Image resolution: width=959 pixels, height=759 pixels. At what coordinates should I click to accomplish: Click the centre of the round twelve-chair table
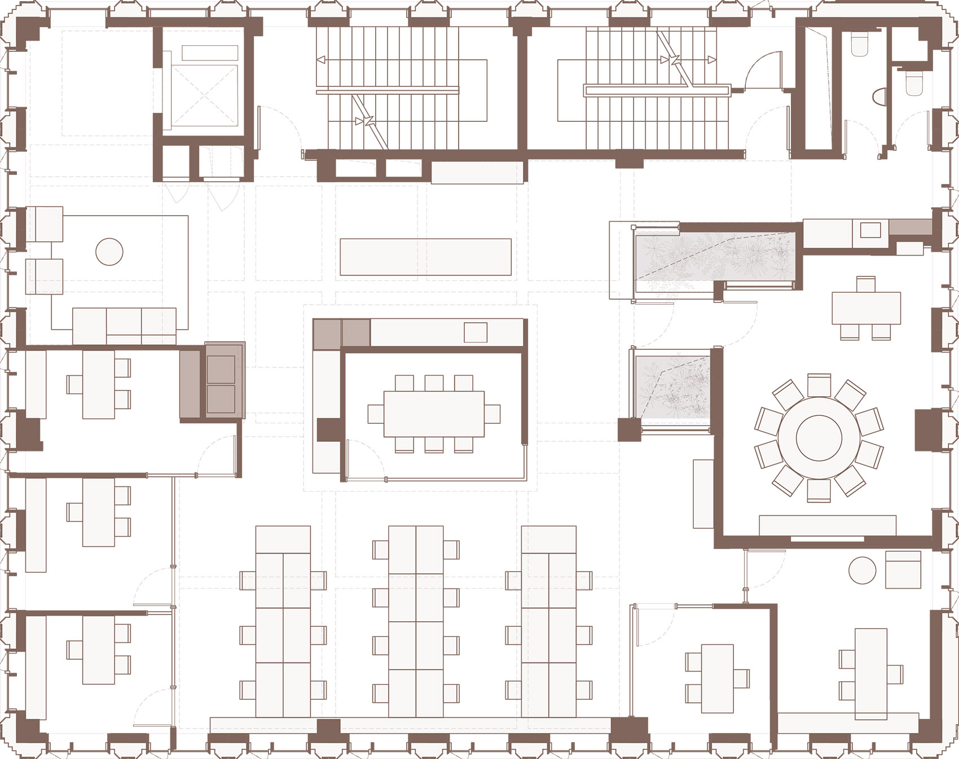(x=819, y=438)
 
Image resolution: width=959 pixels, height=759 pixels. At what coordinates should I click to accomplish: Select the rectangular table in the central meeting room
(x=434, y=414)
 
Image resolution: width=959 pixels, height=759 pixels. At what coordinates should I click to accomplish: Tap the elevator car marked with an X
(x=204, y=95)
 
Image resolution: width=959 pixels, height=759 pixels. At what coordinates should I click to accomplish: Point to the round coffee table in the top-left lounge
(x=109, y=252)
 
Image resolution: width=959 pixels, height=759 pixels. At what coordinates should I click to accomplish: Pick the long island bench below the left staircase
(x=425, y=257)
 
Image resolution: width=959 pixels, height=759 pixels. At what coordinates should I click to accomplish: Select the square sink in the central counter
(x=475, y=332)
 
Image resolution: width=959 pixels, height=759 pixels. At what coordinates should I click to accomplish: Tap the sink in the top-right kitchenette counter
(x=870, y=230)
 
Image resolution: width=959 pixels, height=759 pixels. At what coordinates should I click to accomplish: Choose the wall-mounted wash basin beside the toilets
(x=878, y=96)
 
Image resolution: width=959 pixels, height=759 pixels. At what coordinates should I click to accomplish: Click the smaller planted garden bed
(x=671, y=387)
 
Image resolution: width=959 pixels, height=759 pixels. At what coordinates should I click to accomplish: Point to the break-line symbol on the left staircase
(x=367, y=120)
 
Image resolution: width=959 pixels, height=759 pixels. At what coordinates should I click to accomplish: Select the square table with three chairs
(x=865, y=308)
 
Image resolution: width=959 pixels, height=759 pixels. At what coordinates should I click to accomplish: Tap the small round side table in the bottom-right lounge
(x=862, y=570)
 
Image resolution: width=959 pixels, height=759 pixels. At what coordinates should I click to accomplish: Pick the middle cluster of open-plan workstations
(x=416, y=621)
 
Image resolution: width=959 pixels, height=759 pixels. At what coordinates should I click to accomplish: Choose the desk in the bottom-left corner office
(x=99, y=650)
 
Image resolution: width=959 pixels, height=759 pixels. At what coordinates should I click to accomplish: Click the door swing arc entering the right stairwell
(x=763, y=71)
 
